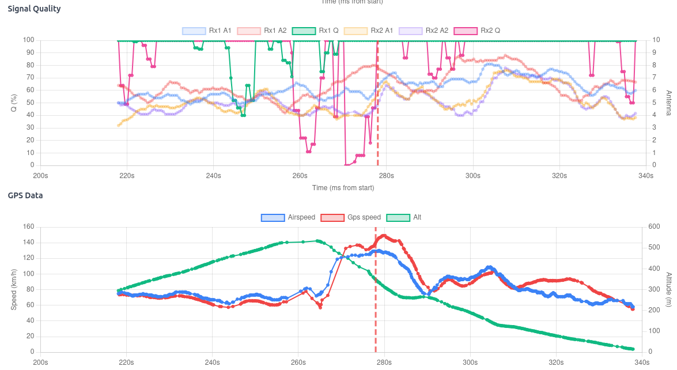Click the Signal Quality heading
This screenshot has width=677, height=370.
coord(34,9)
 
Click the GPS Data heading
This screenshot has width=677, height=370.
coord(25,195)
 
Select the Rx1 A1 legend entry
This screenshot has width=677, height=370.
coord(207,31)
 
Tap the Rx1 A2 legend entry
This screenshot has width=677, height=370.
coord(262,31)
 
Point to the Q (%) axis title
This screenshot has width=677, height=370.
coord(14,103)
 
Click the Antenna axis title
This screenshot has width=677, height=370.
coord(668,103)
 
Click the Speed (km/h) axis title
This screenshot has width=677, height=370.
coord(14,289)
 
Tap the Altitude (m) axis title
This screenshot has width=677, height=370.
coord(668,289)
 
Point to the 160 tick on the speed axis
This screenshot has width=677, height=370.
coord(28,227)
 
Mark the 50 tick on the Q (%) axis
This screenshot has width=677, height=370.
coord(30,103)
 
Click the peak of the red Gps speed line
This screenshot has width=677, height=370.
coord(384,235)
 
